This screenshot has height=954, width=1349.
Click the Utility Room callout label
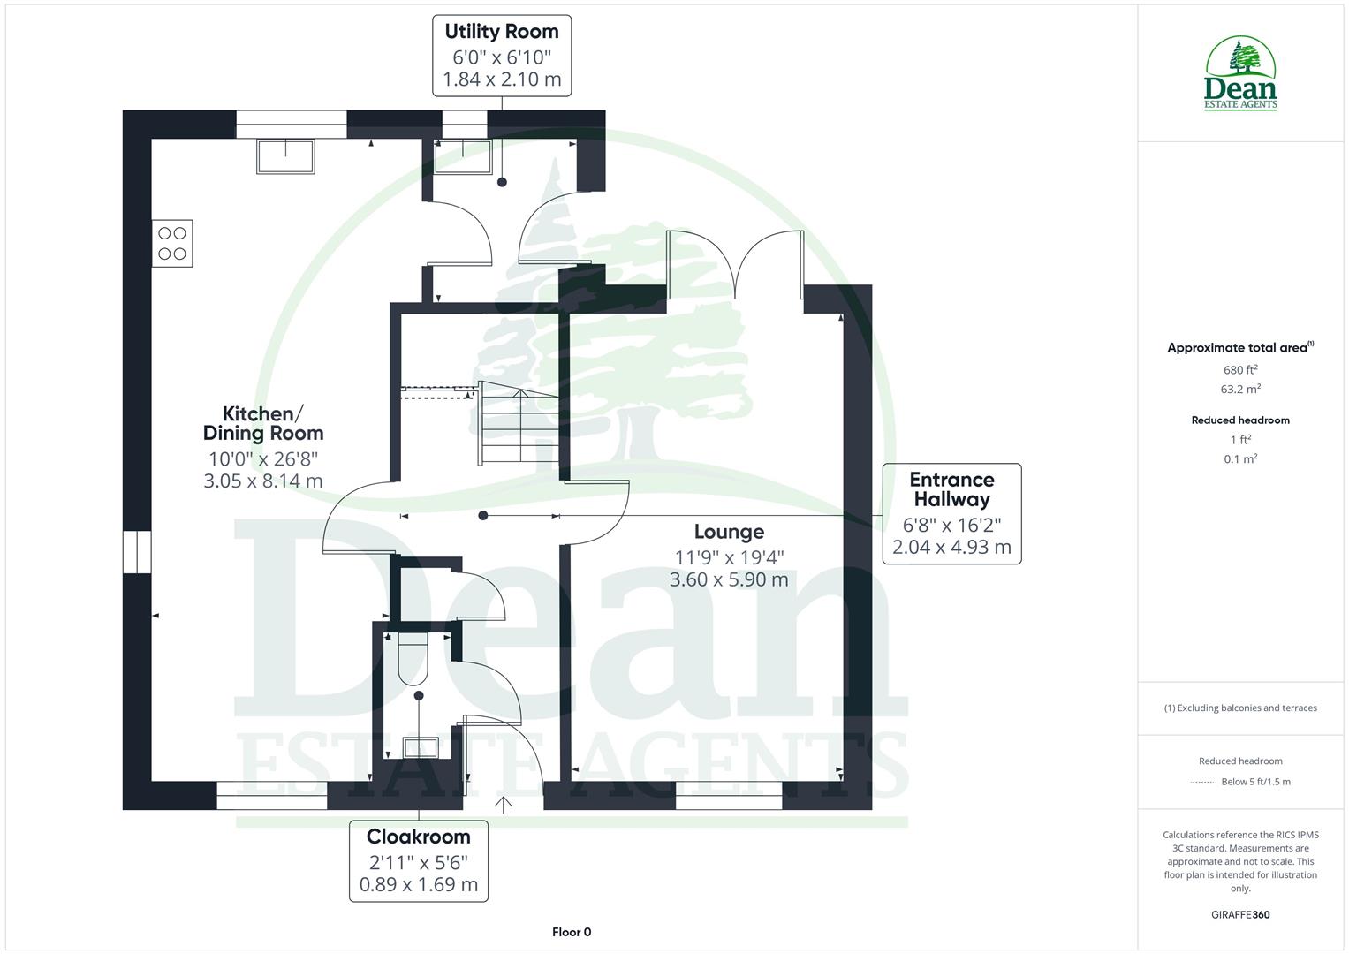click(502, 56)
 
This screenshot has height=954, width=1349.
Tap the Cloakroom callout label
click(418, 860)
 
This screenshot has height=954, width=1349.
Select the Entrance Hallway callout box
click(951, 513)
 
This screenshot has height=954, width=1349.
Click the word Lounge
click(729, 532)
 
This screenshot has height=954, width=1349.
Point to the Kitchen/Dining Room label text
click(263, 424)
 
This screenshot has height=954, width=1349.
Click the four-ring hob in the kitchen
click(172, 243)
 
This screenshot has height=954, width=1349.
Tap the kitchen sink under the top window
click(285, 156)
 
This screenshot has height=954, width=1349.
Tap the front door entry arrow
click(504, 804)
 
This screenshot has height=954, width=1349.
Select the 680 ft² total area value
click(1240, 370)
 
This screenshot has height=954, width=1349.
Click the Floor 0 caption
click(572, 932)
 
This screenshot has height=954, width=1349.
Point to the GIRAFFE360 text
click(1240, 914)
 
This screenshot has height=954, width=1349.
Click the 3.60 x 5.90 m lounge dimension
click(729, 579)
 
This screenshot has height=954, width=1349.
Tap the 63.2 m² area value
click(1240, 389)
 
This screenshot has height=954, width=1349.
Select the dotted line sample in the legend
click(1202, 782)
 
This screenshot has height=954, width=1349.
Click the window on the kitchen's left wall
click(137, 552)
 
